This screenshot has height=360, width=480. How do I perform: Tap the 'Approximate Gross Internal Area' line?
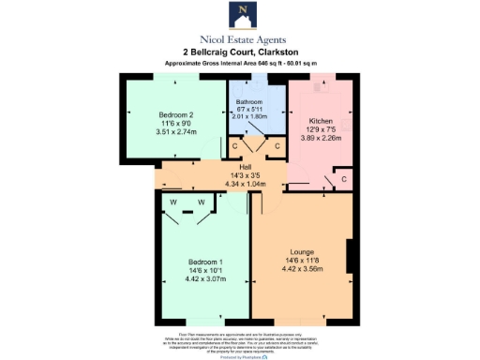coord(240,63)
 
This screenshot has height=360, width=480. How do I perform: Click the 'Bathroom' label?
coord(249,101)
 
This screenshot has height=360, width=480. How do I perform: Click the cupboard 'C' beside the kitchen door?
coord(344,178)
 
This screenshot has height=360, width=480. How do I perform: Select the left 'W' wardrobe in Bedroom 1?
coord(175,202)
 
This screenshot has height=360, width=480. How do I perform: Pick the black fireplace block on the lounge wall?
coord(349,254)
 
